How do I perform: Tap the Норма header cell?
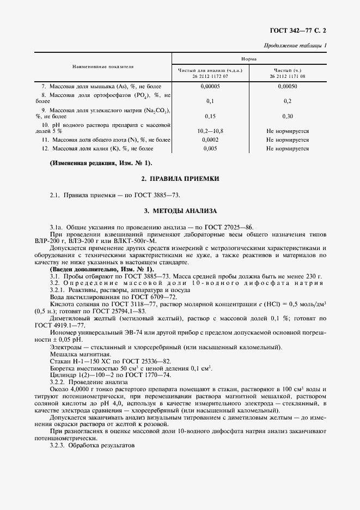pos(249,58)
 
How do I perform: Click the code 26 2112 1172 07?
pos(210,77)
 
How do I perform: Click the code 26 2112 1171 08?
pos(288,77)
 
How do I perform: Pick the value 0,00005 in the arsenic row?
pos(210,86)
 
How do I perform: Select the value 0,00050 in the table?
pos(288,86)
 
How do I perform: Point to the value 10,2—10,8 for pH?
pos(210,131)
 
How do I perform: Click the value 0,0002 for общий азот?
pos(210,139)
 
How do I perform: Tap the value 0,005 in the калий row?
pos(210,148)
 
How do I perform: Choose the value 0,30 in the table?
pos(288,116)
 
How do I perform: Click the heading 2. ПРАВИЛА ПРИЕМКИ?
pos(180,179)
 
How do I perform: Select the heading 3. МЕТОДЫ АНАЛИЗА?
pos(180,210)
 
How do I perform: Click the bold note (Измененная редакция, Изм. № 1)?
pos(101,163)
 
